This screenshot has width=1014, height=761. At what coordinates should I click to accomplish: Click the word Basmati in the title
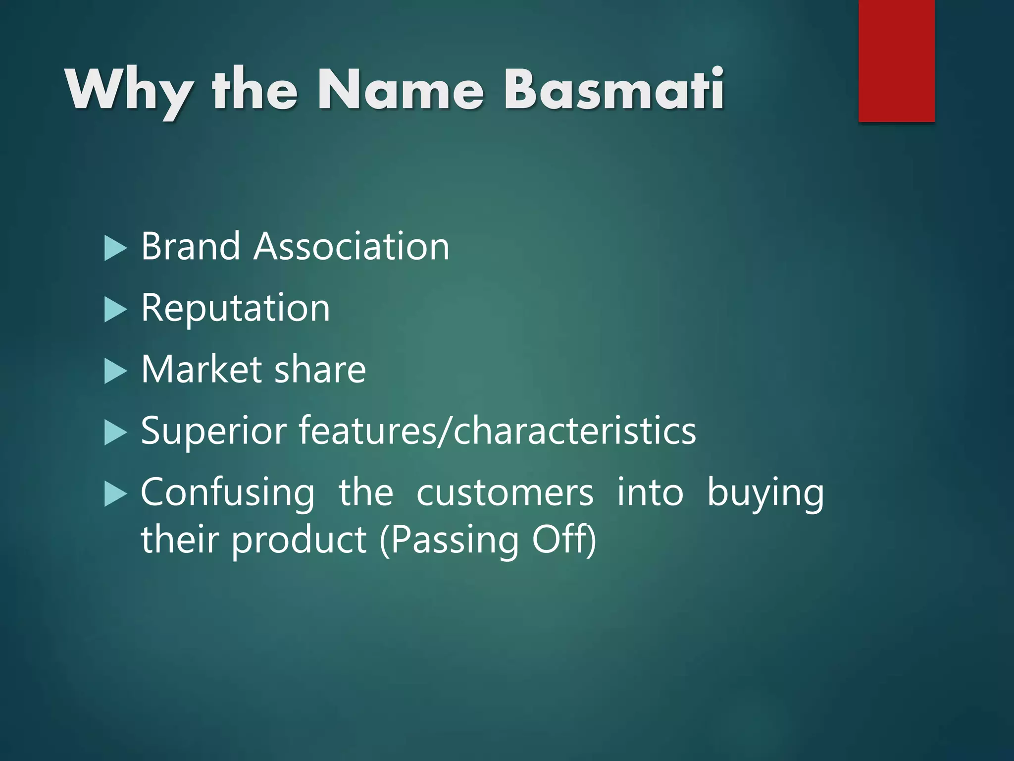point(614,89)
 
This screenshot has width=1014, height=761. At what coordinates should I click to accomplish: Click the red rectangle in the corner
point(896,60)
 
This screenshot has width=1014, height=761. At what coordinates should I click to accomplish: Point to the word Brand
point(191,246)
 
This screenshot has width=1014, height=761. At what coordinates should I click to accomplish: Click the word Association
point(352,246)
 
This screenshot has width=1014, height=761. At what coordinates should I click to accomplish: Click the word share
point(320,370)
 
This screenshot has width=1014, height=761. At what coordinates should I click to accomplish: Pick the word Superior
point(213,431)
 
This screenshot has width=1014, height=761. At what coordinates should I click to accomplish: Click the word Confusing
point(227,493)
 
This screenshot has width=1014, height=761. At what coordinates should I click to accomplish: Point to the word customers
point(505,493)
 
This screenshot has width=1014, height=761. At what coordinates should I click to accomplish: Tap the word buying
point(765,493)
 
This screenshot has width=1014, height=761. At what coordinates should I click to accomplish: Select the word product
point(299,540)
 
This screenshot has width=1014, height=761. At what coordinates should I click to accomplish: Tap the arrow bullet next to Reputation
point(115,310)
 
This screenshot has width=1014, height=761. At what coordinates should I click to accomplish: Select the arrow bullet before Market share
point(115,372)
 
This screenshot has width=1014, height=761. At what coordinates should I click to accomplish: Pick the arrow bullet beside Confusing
point(115,494)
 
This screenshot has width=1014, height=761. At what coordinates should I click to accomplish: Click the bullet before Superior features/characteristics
point(115,433)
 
